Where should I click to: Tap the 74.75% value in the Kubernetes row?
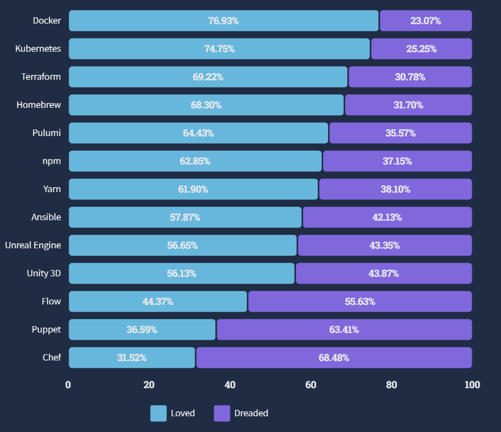click(219, 49)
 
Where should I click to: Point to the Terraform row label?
click(41, 77)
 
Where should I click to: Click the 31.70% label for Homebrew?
click(408, 105)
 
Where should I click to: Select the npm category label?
click(52, 161)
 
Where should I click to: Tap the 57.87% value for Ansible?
click(185, 217)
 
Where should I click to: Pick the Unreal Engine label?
click(33, 245)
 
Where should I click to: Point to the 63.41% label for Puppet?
click(344, 330)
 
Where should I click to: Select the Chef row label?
click(52, 358)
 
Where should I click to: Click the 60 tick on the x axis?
click(311, 385)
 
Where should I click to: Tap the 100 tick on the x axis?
click(472, 385)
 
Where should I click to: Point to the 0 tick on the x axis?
click(68, 385)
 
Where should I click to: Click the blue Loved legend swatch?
click(158, 413)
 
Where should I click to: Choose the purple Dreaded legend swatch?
click(222, 413)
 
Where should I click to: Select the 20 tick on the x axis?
click(149, 385)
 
